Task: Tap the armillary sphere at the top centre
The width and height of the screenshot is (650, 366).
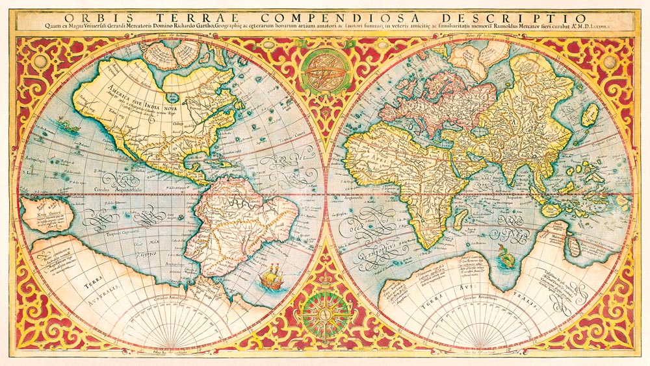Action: coord(325,71)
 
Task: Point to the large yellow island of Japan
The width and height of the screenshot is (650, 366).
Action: coord(590,115)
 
